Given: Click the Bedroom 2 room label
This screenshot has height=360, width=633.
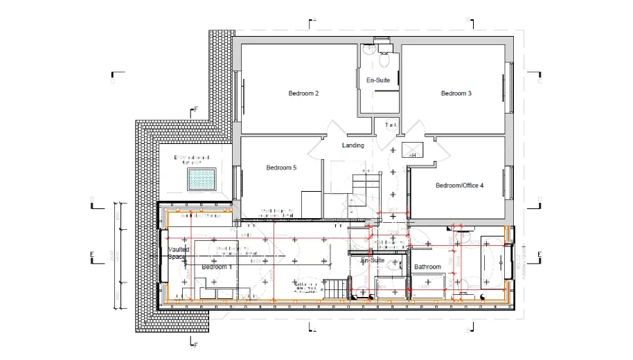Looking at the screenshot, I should click(x=303, y=93).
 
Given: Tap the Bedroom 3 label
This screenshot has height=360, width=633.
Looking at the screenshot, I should click(x=456, y=93).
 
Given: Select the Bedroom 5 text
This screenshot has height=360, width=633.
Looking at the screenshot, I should click(x=281, y=168).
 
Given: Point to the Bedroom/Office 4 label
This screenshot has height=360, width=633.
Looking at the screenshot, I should click(x=459, y=186).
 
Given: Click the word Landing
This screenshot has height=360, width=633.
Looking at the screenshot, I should click(x=353, y=145).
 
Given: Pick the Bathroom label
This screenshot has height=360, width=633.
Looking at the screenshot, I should click(x=427, y=267).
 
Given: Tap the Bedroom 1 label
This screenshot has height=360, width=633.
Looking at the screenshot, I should click(x=217, y=267).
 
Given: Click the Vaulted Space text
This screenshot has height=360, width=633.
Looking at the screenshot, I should click(x=178, y=253).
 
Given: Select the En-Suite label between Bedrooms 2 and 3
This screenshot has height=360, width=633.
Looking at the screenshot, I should click(x=378, y=80).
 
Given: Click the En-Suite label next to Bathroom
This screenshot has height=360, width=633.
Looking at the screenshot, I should click(x=373, y=260).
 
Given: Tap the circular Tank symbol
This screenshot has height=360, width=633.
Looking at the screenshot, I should click(x=391, y=125).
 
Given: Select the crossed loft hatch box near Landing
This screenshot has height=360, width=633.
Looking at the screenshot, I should click(x=413, y=150).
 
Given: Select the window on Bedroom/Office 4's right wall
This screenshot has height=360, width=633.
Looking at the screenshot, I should click(x=512, y=182).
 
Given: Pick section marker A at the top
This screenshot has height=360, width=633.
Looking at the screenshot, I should click(x=314, y=21).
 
